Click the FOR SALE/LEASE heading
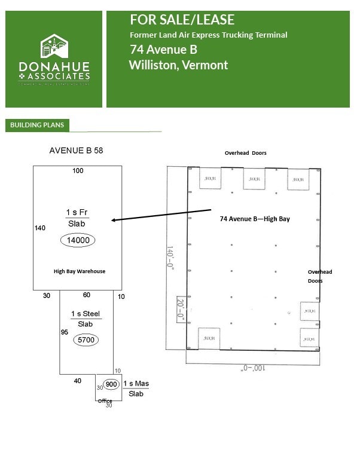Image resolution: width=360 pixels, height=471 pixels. (182, 20)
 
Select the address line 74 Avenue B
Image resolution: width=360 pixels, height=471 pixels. (163, 50)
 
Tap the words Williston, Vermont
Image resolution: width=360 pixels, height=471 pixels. (178, 65)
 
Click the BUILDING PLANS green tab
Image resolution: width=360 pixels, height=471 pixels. (37, 125)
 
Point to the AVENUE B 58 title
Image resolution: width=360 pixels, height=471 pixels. (76, 151)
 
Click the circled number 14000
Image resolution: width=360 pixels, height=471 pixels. (78, 240)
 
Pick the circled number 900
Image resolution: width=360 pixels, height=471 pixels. (111, 384)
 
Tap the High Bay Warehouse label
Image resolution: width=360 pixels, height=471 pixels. (80, 271)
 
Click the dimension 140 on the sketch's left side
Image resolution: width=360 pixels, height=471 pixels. (41, 228)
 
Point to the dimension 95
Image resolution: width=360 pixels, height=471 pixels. (65, 331)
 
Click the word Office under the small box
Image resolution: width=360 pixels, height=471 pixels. (105, 400)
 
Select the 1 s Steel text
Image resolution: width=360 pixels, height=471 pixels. (86, 314)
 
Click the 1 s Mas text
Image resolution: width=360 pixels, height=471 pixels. (136, 383)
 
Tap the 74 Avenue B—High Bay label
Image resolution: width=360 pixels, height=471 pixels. (255, 219)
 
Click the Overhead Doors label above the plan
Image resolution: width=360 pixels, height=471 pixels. (245, 153)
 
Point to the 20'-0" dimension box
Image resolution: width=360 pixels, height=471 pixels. (180, 310)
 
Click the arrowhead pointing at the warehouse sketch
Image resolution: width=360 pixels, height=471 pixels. (114, 221)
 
